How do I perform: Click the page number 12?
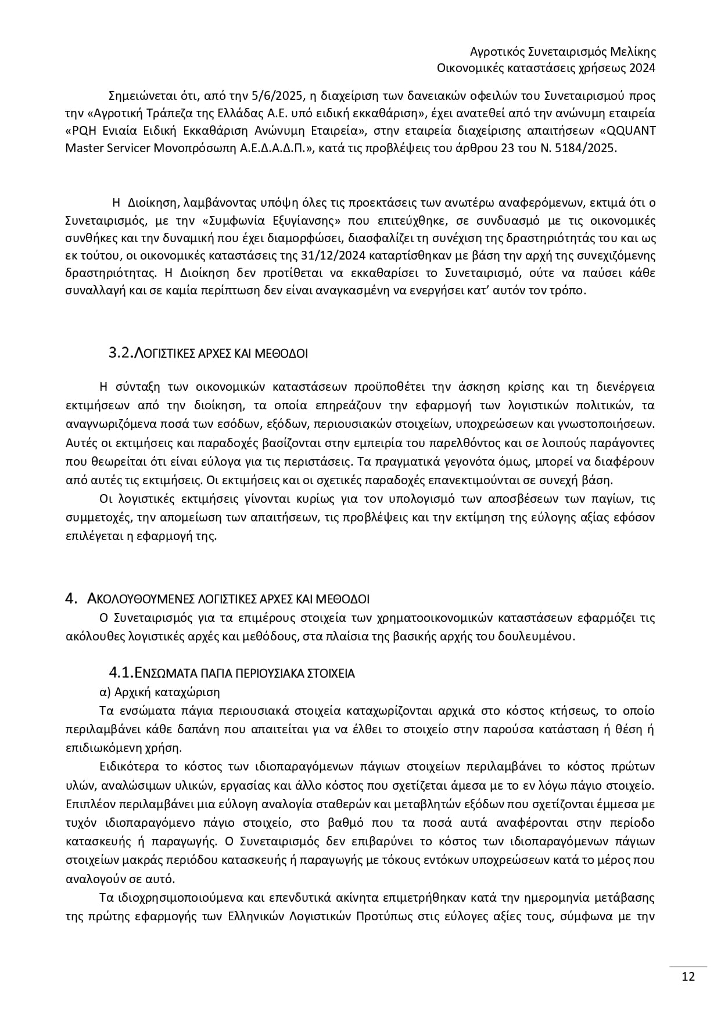click(688, 977)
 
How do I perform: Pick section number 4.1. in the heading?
click(121, 673)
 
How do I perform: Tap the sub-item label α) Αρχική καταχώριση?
click(160, 692)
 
